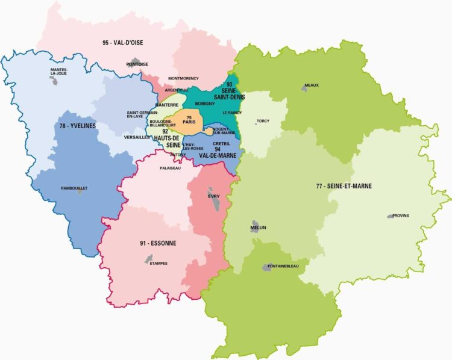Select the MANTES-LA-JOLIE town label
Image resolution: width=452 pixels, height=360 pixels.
coord(59,72)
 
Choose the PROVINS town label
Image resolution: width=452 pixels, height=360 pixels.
coord(401,216)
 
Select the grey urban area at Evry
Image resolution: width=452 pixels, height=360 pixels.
coord(214,202)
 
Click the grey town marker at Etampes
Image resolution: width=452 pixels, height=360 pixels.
coord(148,258)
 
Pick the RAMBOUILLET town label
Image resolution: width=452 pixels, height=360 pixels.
coord(74,188)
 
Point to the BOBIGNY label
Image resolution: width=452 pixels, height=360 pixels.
coord(205,104)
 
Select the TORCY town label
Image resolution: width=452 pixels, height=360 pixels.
coord(263,120)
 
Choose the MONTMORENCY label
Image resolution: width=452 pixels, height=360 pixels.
coord(183,78)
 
